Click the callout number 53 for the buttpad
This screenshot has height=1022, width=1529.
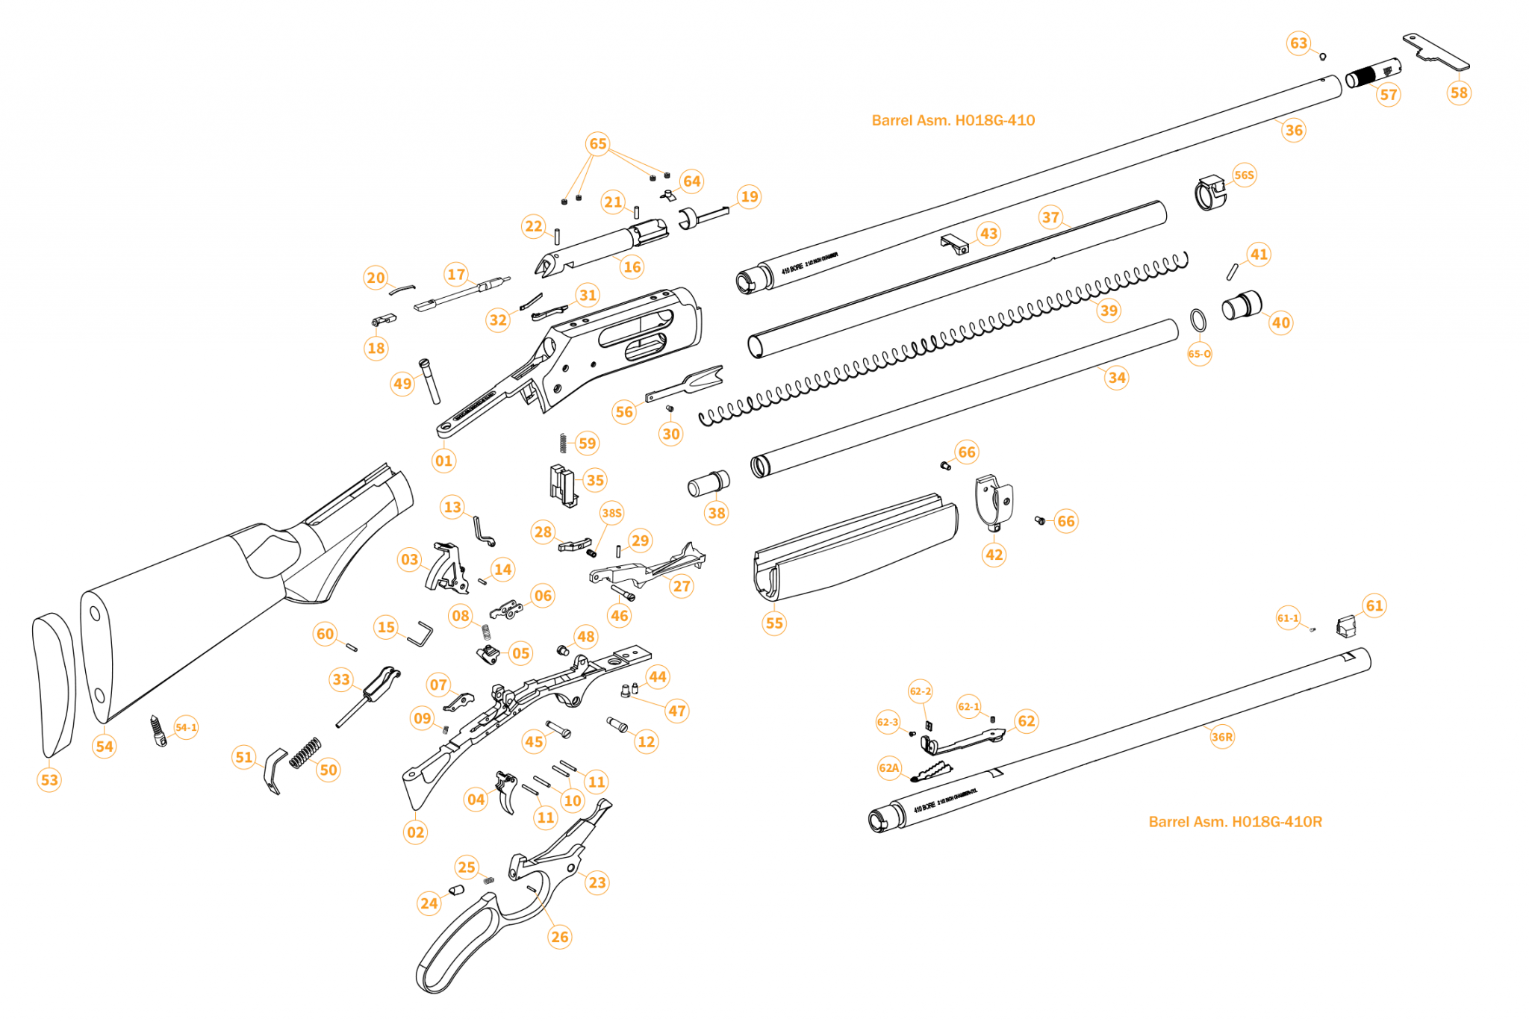click(x=49, y=780)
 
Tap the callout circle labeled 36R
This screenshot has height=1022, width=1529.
click(x=1222, y=737)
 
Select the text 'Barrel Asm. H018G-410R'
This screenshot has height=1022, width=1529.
click(x=1235, y=822)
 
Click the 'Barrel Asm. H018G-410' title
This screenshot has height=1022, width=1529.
click(x=953, y=120)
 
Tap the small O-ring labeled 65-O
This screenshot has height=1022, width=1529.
click(x=1198, y=321)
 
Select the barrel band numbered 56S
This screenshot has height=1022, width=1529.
click(x=1210, y=194)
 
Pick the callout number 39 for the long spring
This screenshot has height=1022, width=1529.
click(x=1109, y=311)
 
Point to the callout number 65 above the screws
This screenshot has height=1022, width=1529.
click(x=598, y=144)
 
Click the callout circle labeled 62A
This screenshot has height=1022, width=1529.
click(x=889, y=768)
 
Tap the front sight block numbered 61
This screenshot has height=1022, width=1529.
click(x=1345, y=626)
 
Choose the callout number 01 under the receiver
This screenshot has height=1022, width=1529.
click(x=443, y=461)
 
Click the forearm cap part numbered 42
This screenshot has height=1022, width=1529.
click(x=993, y=502)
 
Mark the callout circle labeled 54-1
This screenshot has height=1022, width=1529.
click(x=186, y=728)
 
